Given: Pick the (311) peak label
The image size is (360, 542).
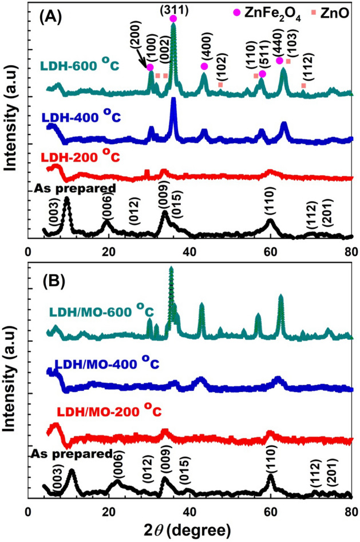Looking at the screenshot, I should pyautogui.click(x=173, y=10).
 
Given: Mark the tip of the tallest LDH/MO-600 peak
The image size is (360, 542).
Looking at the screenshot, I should pyautogui.click(x=171, y=268).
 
